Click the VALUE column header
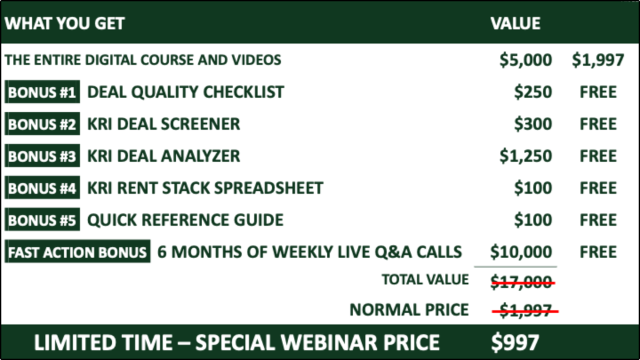[516, 23]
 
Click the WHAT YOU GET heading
[64, 23]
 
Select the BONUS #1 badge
[42, 92]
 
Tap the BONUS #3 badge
[42, 156]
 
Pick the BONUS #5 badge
[42, 220]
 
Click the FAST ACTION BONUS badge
[77, 252]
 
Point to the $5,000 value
[526, 60]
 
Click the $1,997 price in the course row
[598, 60]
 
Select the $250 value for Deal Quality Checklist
[533, 92]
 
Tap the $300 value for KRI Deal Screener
[533, 124]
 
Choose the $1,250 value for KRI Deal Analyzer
[526, 156]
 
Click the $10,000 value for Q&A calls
[521, 252]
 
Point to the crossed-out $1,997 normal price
[525, 311]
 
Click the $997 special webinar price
[515, 342]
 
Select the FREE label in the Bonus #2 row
[598, 124]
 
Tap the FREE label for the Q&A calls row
[598, 252]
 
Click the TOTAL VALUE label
[425, 279]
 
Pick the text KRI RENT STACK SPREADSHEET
[205, 188]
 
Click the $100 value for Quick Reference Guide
[533, 220]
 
